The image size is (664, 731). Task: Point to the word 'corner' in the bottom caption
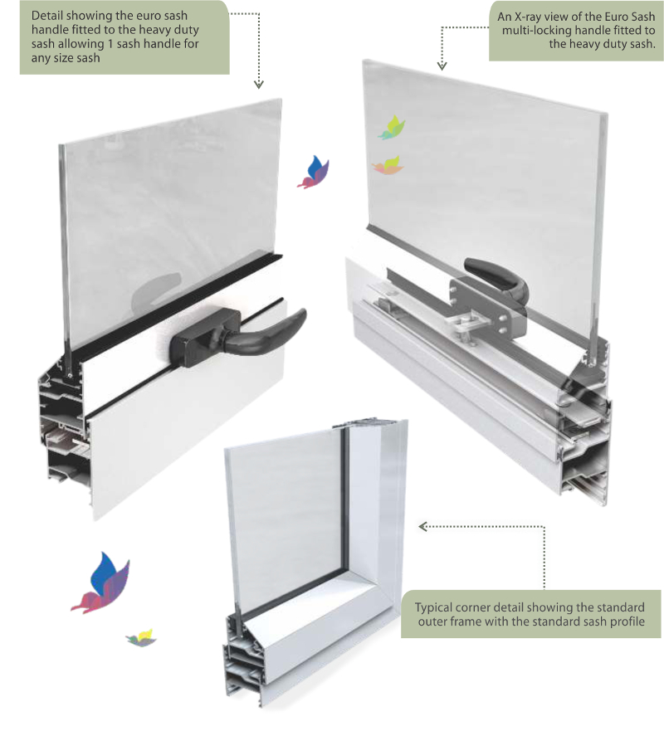(471, 608)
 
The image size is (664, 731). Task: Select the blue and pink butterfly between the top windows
(314, 172)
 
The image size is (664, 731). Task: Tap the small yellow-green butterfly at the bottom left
(141, 638)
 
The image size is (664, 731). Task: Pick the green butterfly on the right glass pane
(391, 128)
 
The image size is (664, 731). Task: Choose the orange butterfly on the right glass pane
(388, 165)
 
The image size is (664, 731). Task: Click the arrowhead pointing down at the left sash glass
(259, 85)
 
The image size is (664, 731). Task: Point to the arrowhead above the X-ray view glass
(442, 66)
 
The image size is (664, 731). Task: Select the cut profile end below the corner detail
(242, 655)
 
